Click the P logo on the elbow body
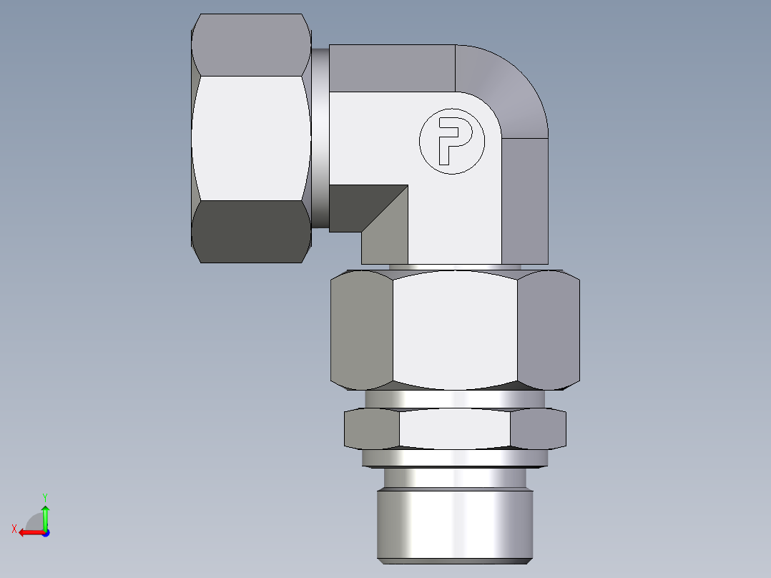(451, 142)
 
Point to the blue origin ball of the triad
(45, 532)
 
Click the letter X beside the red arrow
(14, 529)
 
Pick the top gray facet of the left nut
(250, 45)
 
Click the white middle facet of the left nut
(250, 138)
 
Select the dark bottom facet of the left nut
(250, 232)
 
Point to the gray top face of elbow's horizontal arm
(392, 68)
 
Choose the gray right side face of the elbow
(524, 200)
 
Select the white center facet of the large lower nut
(455, 329)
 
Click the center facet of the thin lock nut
(455, 429)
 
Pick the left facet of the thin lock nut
(372, 429)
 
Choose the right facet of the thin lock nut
(538, 429)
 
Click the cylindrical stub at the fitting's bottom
(455, 519)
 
